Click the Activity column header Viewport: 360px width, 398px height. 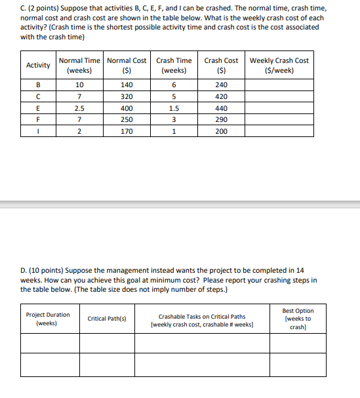pos(38,66)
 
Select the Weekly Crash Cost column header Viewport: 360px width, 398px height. pos(279,66)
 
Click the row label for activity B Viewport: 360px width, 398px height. pos(38,85)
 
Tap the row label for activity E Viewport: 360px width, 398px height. pos(38,108)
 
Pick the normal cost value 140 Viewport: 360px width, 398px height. pos(127,85)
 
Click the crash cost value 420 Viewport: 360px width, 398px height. pos(221,96)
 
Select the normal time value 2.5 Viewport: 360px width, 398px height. pos(79,108)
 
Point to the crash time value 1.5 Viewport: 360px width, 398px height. pos(174,108)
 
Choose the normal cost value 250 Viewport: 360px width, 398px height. pos(127,119)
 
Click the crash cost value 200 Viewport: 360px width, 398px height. pos(221,131)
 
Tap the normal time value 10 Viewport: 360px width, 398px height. pos(79,85)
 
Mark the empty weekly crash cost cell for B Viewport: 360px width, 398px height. pos(279,85)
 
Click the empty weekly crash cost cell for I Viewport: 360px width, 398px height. pos(279,131)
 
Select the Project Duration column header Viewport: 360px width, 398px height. pos(48,319)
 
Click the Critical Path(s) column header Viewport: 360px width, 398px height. pos(107,319)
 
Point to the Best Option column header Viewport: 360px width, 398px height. pos(298,319)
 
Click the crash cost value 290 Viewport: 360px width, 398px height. pos(221,119)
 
